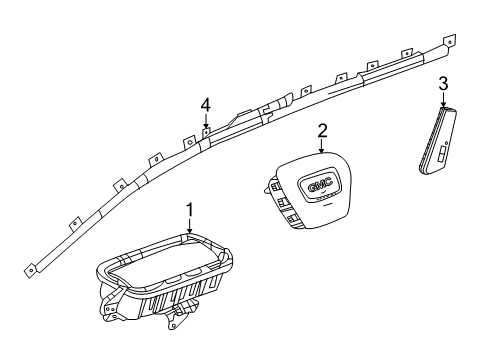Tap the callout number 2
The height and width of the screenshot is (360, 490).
pyautogui.click(x=322, y=129)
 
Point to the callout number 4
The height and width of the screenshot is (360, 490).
pyautogui.click(x=205, y=104)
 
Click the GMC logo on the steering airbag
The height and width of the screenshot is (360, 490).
pyautogui.click(x=320, y=184)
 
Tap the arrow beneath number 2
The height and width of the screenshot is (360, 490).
pyautogui.click(x=322, y=146)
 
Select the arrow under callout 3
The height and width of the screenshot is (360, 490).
pyautogui.click(x=443, y=101)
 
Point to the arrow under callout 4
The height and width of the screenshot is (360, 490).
pyautogui.click(x=205, y=121)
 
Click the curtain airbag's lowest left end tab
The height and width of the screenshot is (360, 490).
pyautogui.click(x=29, y=267)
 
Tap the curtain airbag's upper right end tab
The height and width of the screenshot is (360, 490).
pyautogui.click(x=449, y=41)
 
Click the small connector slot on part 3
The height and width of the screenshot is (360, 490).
pyautogui.click(x=441, y=158)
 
